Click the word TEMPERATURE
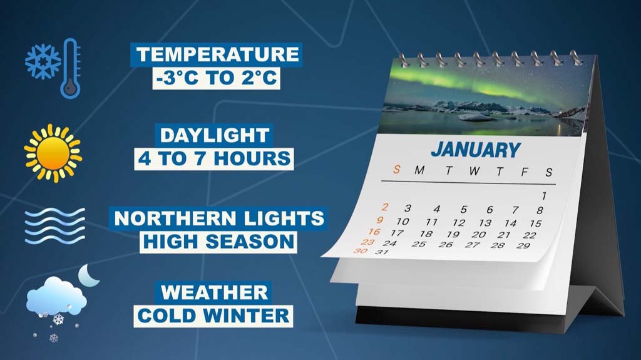coord(217,54)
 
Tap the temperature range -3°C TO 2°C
coord(217,78)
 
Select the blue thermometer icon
coord(70,68)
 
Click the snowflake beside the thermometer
coord(43,62)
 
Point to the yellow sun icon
coord(53,153)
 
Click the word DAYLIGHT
coord(215,135)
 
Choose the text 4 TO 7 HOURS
coord(214,159)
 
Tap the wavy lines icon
coord(55,226)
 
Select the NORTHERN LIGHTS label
coord(218,219)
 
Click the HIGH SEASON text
coord(218,242)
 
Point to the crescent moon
coord(88,275)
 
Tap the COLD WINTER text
coord(213,316)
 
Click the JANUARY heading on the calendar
coord(476,150)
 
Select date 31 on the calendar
coord(381,252)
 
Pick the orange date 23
coord(367,242)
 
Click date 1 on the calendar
coord(544,196)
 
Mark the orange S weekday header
coord(396,170)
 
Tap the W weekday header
coord(474,171)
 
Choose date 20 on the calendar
coord(478,235)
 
